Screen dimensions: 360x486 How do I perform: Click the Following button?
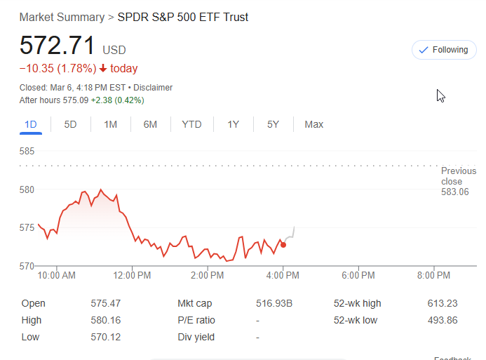444,50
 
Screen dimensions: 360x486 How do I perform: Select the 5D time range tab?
70,124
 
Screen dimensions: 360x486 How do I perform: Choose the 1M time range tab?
110,124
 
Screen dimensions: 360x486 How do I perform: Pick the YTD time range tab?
191,124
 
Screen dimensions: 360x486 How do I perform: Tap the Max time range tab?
313,124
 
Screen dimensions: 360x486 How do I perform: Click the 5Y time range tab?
273,124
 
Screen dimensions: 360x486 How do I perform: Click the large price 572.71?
57,46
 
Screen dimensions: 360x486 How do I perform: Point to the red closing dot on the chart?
283,244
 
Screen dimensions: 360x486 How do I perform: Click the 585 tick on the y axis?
27,151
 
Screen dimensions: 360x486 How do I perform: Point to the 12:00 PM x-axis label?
132,276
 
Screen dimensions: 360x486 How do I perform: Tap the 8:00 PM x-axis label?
433,276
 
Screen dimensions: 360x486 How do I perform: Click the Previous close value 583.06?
454,192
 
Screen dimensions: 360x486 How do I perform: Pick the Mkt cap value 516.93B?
275,303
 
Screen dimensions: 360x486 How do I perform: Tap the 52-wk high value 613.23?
442,303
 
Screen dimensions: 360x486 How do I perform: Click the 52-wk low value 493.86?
442,320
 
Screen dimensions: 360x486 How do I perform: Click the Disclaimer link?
153,88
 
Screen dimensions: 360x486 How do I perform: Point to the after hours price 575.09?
75,100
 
